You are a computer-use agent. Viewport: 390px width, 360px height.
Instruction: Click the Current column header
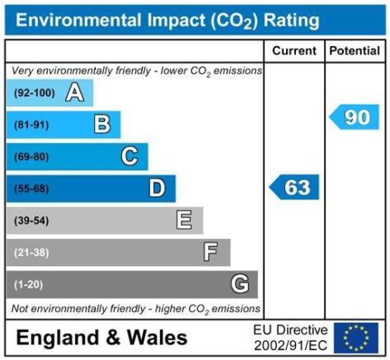point(294,51)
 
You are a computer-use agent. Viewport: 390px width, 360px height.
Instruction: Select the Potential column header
point(355,51)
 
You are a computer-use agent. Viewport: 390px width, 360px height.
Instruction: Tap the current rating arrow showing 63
point(294,187)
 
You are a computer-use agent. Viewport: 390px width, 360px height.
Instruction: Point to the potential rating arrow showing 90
point(354,117)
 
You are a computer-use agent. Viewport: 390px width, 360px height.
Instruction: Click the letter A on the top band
point(75,93)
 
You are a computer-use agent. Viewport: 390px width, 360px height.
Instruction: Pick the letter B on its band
point(102,124)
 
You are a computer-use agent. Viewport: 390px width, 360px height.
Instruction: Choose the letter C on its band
point(129,157)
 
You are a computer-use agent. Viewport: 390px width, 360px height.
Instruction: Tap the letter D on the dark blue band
point(157,188)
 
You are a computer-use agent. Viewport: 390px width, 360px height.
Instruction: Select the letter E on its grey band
point(184,220)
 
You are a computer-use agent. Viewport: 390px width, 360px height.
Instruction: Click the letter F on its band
point(210,252)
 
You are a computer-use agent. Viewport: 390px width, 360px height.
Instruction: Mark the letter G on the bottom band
point(240,284)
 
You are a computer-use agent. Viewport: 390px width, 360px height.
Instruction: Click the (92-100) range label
point(35,93)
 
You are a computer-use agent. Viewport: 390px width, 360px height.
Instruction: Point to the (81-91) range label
point(31,125)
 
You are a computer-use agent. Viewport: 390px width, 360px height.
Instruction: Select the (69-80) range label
point(31,157)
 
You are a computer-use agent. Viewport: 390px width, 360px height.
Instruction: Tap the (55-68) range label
point(31,189)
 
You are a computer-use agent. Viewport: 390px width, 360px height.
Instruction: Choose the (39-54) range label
point(31,221)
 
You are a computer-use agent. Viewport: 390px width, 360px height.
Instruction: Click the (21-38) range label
point(31,252)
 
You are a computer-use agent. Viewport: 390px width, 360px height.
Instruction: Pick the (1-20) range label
point(29,284)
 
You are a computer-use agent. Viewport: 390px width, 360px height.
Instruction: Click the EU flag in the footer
point(356,338)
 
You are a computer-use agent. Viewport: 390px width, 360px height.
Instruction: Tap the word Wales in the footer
point(157,337)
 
